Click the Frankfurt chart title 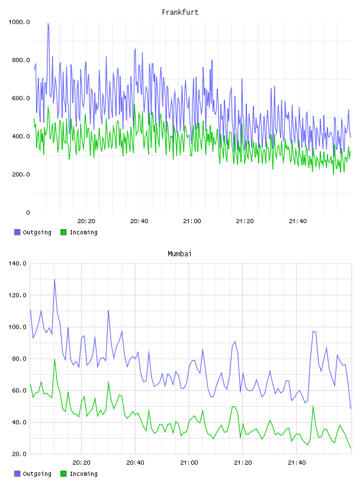coord(180,12)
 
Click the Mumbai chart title coord(179,254)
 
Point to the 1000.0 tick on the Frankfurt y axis coord(19,22)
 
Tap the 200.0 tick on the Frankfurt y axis coord(21,175)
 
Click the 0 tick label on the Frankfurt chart coord(28,212)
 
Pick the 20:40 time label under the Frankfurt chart coord(139,221)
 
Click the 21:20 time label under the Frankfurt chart coord(245,221)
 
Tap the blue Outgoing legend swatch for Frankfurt coord(17,232)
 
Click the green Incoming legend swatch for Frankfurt coord(63,232)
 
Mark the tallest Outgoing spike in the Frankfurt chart coord(48,24)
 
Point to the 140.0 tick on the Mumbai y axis coord(17,263)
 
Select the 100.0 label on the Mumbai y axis coord(17,327)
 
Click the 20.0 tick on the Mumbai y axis coord(19,454)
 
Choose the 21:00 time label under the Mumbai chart coord(189,463)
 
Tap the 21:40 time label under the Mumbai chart coord(297,463)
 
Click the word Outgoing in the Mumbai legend coord(37,474)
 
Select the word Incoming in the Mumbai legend coord(83,474)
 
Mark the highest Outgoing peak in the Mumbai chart coord(54,280)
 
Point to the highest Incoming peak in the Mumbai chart coord(54,359)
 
